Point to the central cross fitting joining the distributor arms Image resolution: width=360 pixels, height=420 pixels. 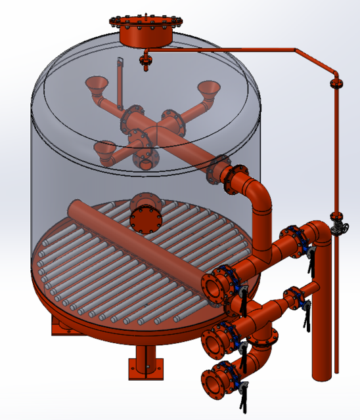point(150,124)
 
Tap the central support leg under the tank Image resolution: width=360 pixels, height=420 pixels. point(144,364)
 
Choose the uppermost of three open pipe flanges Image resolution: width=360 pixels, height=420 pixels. point(213,286)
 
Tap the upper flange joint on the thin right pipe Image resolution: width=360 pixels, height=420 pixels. point(337,84)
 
